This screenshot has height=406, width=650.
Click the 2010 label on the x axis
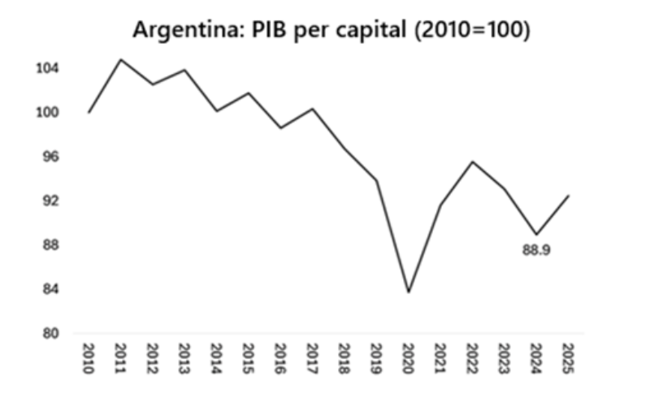pos(89,357)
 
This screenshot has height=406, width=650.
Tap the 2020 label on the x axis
pos(407,357)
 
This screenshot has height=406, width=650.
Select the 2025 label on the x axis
pos(566,357)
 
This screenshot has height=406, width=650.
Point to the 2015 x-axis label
pos(248,357)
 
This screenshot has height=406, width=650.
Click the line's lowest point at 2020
pos(407,292)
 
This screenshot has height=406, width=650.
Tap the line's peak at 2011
pos(120,59)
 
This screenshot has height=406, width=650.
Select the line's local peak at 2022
pos(471,161)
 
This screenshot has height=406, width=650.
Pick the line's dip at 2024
pos(535,234)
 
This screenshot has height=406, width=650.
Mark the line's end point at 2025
pos(566,195)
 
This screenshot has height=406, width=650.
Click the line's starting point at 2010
pos(89,112)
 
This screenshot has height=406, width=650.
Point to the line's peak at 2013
pos(184,70)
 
